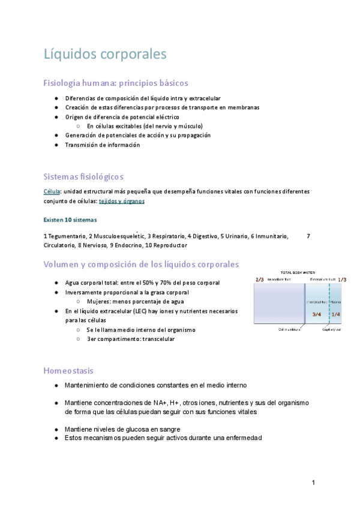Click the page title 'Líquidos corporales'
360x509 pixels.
105,54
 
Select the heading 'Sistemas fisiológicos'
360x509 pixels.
83,176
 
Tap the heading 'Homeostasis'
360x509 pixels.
68,370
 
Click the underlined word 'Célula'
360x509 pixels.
52,191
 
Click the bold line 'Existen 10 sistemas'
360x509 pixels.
70,220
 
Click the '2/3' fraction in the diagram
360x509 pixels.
259,279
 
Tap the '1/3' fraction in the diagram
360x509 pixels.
342,279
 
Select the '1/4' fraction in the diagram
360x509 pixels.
335,315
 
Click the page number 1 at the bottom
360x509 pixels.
313,483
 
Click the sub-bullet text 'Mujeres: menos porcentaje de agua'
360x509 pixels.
135,301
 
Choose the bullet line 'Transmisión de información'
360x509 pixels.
103,145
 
